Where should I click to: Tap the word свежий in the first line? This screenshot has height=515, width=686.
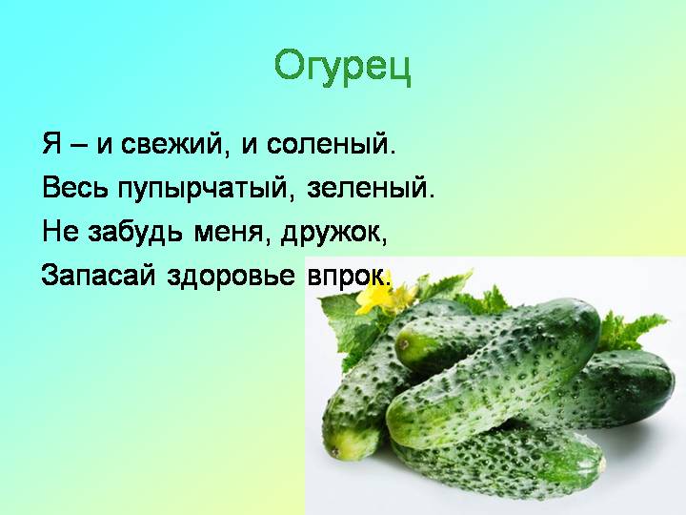(171, 144)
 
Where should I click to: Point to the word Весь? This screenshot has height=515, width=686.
(75, 188)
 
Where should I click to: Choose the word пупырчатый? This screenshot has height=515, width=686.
(202, 189)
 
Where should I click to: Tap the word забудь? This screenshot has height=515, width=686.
(134, 232)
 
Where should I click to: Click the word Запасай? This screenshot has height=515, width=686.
(98, 275)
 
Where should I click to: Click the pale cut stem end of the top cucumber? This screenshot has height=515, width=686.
(406, 343)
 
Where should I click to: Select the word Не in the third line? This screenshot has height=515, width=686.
(59, 232)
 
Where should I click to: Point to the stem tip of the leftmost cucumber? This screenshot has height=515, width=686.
(335, 451)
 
